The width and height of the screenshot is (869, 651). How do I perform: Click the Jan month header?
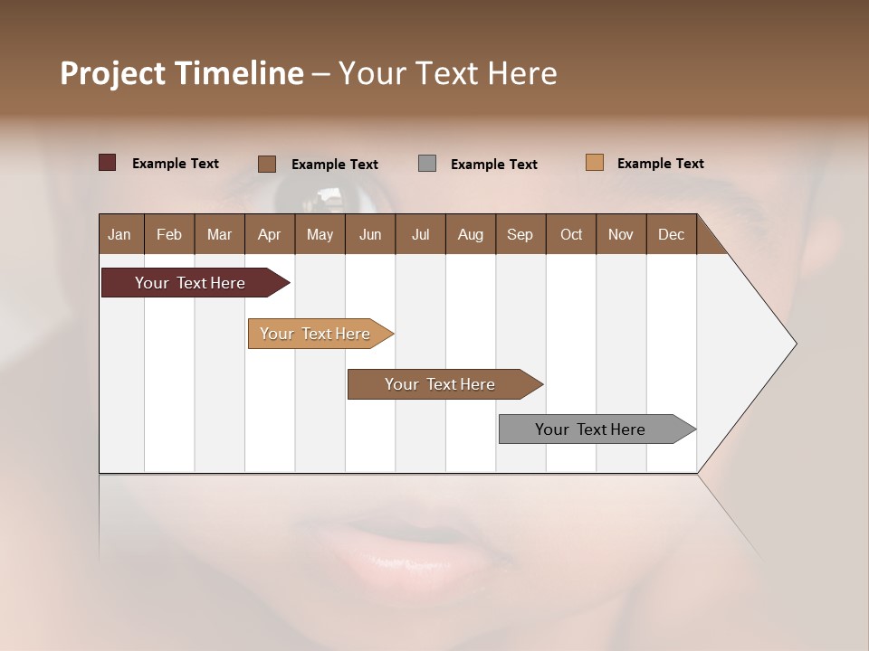coord(120,234)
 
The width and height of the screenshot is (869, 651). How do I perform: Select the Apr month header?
coord(270,234)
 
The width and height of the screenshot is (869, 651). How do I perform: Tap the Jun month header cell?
coord(370,234)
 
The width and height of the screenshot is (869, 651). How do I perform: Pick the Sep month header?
coord(520,234)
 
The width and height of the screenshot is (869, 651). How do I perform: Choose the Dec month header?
coord(671,234)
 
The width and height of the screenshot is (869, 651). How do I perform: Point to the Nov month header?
coord(621,234)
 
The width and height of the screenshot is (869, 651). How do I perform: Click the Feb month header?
coord(169,234)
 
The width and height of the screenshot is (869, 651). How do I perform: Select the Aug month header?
coord(471,234)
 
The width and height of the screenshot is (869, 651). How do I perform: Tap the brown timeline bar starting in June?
coord(443,384)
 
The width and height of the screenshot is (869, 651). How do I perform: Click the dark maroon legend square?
coord(108,163)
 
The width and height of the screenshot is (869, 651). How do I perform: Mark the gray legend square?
coord(427,164)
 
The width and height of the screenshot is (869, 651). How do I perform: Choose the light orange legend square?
coord(595,163)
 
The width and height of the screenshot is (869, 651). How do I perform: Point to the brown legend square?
coord(267,164)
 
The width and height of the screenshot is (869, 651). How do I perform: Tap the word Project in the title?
coord(113,73)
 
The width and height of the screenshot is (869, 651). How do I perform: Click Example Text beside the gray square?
coord(493,165)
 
